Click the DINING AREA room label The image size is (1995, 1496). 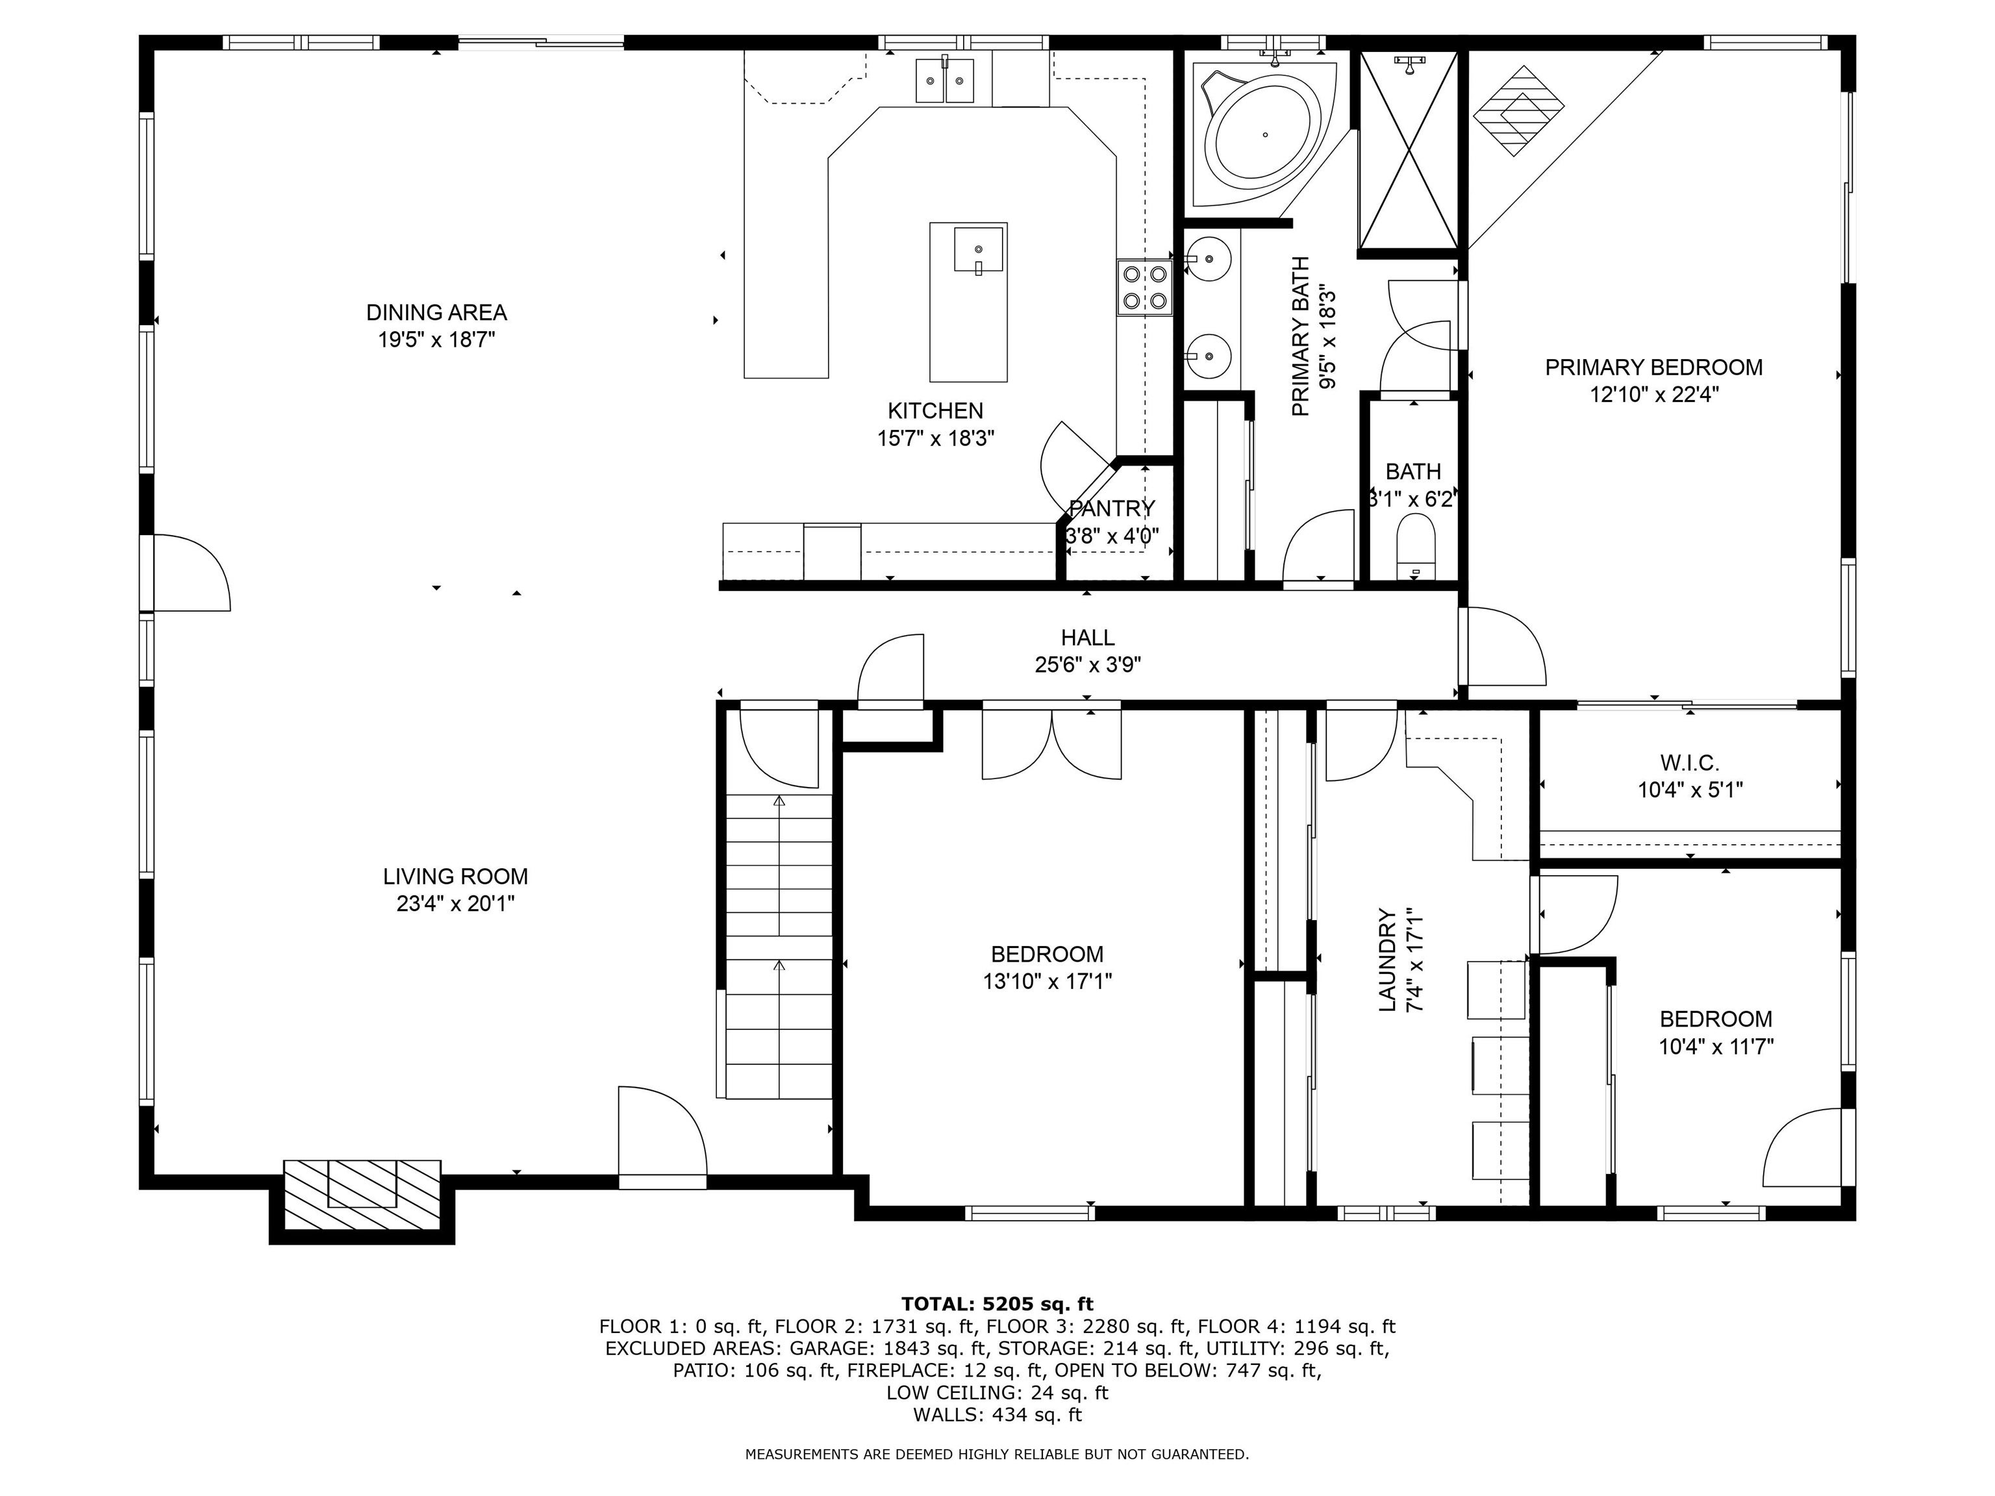436,313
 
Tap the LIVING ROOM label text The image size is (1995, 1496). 455,876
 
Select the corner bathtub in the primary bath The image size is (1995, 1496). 1262,134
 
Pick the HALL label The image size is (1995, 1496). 1088,638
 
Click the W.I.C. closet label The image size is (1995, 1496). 1689,763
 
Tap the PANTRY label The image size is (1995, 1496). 1111,508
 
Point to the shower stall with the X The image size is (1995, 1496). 1408,150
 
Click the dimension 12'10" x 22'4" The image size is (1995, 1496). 1654,394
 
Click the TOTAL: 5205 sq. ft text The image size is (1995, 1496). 997,1303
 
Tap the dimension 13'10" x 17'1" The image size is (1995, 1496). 1047,980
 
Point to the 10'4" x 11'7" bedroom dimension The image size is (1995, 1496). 1716,1047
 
